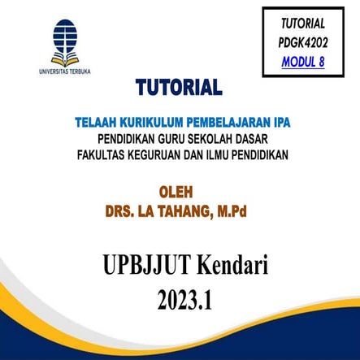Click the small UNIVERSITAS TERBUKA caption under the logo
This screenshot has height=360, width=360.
[64, 72]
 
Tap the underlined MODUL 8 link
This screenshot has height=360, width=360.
[302, 61]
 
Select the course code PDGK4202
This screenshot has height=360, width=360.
[302, 42]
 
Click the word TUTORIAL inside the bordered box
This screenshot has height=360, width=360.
[302, 24]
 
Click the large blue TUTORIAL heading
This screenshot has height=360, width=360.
[179, 88]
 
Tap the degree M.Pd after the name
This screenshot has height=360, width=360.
[229, 211]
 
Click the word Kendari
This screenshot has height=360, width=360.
[229, 264]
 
